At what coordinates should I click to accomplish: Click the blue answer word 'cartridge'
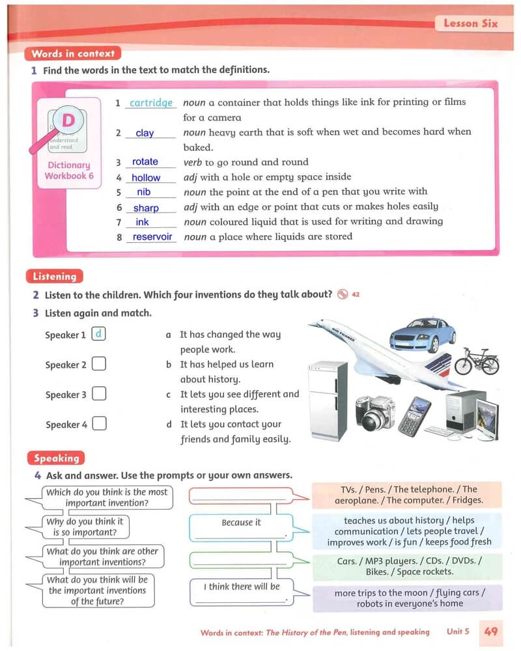point(151,103)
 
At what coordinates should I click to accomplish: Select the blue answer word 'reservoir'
point(152,237)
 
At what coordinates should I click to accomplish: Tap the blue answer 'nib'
point(144,192)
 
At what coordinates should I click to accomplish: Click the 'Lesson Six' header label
point(470,23)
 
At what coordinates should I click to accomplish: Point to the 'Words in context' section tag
point(72,54)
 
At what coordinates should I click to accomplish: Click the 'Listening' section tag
point(55,276)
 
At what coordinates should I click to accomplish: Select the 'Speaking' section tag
point(56,458)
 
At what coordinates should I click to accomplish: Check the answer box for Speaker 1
point(99,335)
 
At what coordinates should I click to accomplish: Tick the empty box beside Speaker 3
point(99,394)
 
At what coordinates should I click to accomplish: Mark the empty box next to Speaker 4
point(99,424)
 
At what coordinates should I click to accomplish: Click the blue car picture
point(422,335)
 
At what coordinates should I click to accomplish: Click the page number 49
point(491,631)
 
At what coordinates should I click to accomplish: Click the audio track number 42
point(356,294)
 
